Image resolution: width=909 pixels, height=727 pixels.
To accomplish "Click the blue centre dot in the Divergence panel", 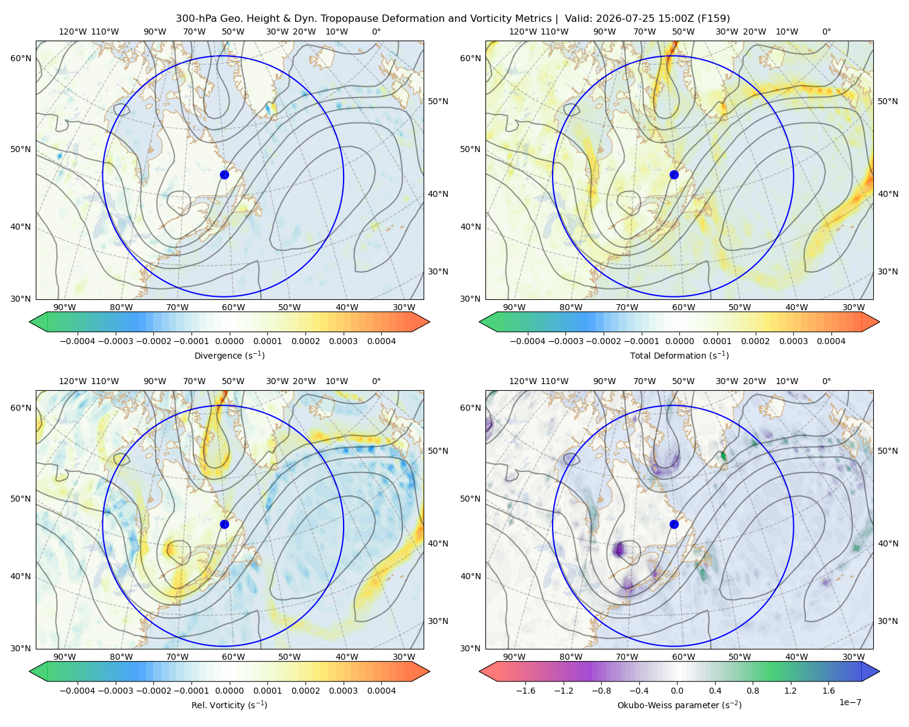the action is (224, 174).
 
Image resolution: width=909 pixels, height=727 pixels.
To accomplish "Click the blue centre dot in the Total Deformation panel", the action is (674, 174).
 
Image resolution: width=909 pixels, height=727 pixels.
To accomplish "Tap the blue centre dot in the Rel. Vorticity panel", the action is (224, 524).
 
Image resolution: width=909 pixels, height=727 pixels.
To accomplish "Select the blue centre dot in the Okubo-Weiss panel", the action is (674, 524).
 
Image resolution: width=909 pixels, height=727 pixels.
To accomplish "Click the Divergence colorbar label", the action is (229, 355).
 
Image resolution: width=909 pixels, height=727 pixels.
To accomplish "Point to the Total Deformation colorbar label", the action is (679, 355).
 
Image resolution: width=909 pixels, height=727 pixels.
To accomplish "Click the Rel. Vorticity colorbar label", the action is (229, 705).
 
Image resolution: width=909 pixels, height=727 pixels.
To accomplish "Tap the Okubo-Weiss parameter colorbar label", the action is (679, 705).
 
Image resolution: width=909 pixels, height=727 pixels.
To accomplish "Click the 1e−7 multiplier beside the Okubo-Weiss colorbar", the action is (850, 702).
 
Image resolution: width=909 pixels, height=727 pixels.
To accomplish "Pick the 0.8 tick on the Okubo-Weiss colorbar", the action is (753, 690).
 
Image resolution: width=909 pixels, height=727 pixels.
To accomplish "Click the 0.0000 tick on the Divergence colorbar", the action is (229, 341).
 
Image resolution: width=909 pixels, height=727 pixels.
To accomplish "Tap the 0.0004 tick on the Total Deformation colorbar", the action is (831, 341).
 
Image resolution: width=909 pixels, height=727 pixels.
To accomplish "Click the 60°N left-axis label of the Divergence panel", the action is (21, 58).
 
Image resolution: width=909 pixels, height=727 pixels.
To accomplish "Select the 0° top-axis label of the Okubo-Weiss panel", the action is (826, 381).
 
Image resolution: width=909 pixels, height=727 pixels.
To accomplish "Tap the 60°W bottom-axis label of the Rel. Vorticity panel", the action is (233, 657).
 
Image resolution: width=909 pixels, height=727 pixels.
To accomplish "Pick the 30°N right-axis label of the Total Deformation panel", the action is (887, 271).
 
